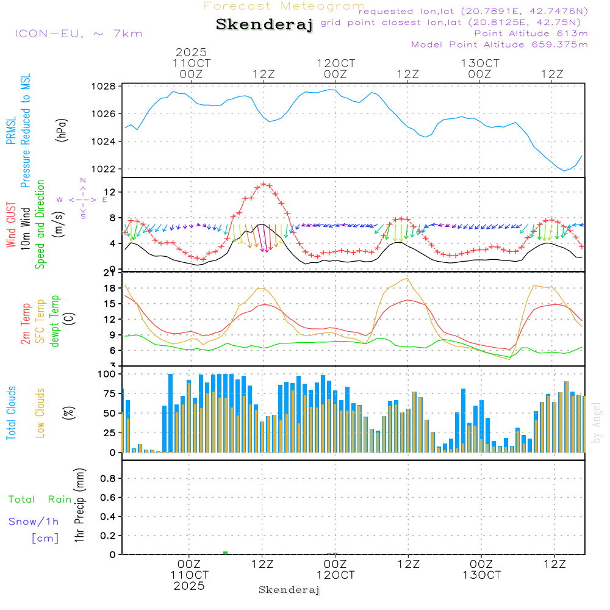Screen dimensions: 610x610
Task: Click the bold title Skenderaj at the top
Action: click(264, 25)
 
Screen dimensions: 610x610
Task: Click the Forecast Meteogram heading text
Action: click(284, 7)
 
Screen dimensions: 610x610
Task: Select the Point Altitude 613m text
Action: click(531, 34)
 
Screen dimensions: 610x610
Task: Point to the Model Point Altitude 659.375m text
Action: click(500, 45)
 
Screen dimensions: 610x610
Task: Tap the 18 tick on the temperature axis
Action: click(110, 288)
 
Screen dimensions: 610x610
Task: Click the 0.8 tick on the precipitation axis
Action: click(108, 479)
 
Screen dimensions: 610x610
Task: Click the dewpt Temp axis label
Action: click(56, 321)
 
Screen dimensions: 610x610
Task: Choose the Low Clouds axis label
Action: click(41, 413)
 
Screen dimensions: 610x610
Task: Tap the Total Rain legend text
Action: click(40, 500)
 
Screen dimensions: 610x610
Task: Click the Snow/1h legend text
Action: click(34, 522)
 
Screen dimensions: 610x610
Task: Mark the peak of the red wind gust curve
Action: click(264, 184)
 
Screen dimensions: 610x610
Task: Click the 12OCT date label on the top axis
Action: click(335, 63)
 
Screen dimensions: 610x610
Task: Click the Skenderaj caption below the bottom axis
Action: click(289, 590)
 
